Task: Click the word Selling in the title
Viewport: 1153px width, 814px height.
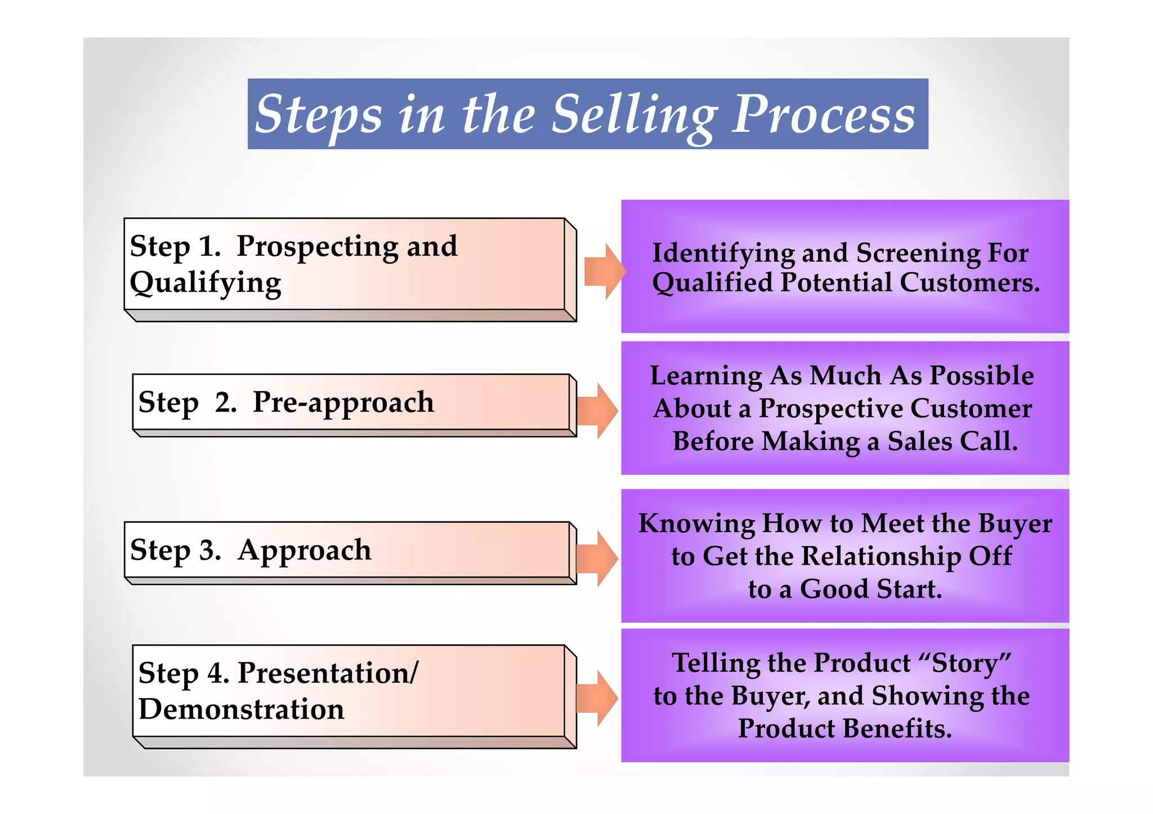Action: [x=634, y=115]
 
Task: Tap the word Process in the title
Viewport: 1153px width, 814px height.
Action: [x=823, y=115]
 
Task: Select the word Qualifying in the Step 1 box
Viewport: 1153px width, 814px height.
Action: [x=205, y=283]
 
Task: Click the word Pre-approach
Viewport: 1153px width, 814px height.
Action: [x=343, y=402]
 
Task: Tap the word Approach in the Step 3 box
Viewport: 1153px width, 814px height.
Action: [x=304, y=550]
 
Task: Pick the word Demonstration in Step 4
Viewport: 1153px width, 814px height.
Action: [x=241, y=709]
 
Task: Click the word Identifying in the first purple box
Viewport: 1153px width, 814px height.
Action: [x=723, y=253]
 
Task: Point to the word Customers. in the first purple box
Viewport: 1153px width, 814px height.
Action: [x=969, y=282]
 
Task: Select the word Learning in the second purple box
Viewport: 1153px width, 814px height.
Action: [x=705, y=375]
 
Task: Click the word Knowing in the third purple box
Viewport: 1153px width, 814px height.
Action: [x=696, y=523]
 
